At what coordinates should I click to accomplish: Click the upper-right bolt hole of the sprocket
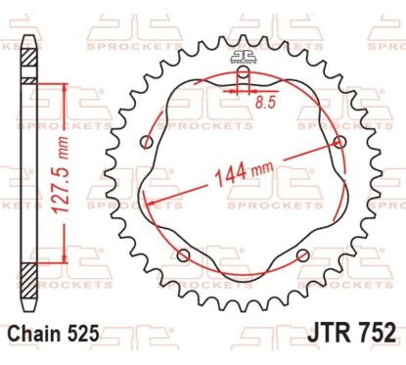(x=338, y=143)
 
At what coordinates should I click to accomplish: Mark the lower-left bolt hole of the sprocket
(x=182, y=256)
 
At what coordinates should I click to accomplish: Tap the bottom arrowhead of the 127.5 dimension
(x=66, y=277)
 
